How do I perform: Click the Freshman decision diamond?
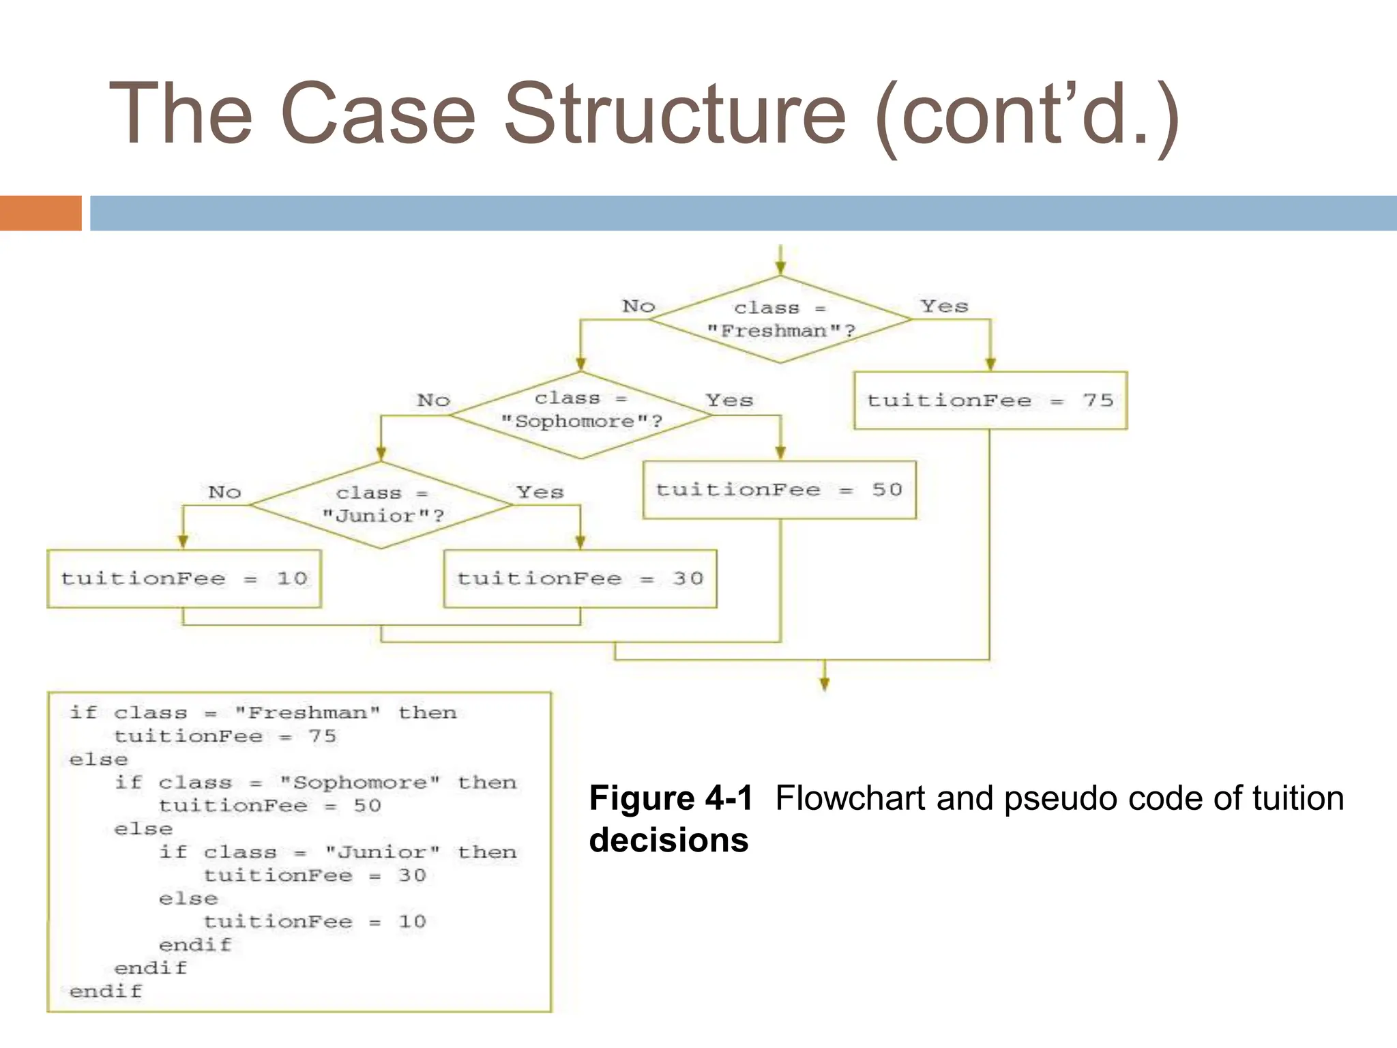click(x=780, y=319)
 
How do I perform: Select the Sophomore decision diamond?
click(x=580, y=415)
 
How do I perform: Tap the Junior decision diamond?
click(x=381, y=505)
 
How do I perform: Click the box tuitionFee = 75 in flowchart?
click(x=990, y=401)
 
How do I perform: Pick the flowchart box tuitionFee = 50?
click(x=779, y=490)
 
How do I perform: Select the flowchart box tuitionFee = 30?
click(x=580, y=579)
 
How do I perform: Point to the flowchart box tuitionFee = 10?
click(x=183, y=579)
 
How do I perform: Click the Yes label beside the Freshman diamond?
click(x=944, y=306)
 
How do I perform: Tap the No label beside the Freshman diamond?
click(x=638, y=306)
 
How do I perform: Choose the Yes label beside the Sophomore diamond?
click(x=729, y=401)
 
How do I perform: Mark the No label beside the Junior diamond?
click(x=224, y=492)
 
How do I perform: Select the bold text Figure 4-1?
click(x=671, y=798)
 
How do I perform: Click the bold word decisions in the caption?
click(x=668, y=840)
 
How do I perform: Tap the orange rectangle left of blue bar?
click(x=40, y=213)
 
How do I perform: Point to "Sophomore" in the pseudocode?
click(x=360, y=783)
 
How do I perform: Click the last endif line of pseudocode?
click(x=106, y=991)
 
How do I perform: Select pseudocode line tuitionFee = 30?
click(x=314, y=875)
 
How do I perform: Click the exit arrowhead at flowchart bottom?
click(x=825, y=684)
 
